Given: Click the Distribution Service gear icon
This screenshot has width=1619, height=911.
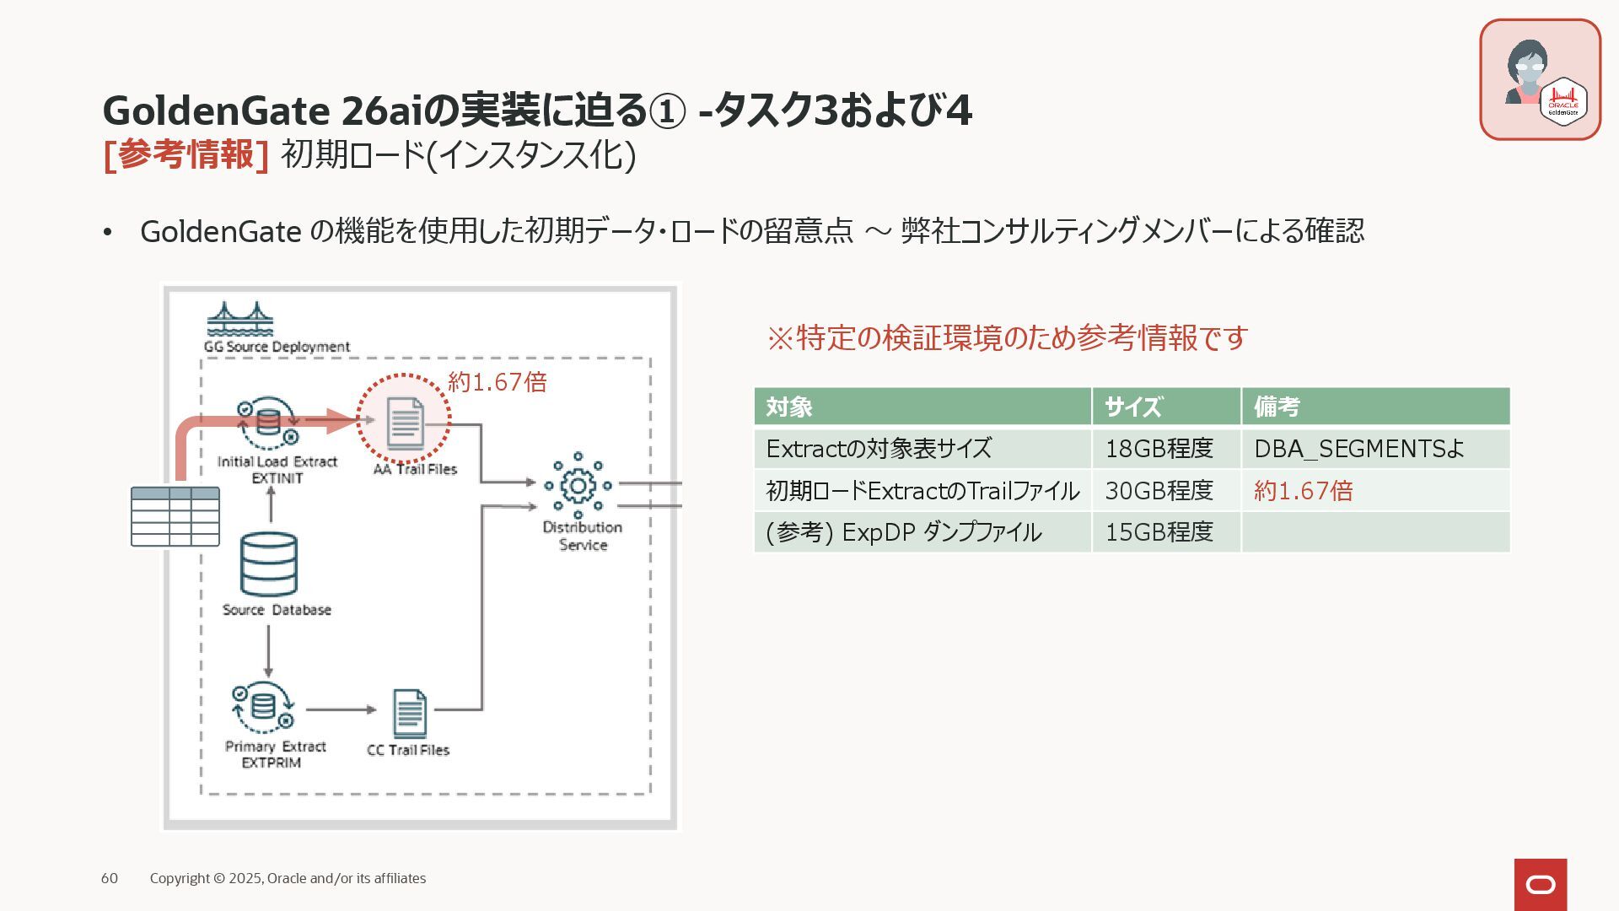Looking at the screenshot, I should [578, 486].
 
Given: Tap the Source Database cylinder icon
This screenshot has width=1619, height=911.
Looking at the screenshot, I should [269, 563].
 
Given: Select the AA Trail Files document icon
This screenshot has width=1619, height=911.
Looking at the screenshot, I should [405, 422].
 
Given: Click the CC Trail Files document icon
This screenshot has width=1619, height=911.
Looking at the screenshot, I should [410, 713].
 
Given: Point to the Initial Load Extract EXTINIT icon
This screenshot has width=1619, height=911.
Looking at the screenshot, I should [268, 423].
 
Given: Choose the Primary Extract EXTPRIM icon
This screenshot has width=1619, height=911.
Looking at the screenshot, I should [263, 707].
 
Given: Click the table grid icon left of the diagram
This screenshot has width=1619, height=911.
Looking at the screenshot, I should [175, 516].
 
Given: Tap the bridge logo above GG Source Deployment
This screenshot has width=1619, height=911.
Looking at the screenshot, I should [240, 319].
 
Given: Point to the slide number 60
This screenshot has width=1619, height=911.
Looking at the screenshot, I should [110, 878].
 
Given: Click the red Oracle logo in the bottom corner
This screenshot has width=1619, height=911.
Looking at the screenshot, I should [1541, 885].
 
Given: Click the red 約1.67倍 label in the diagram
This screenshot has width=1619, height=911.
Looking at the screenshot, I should [498, 382].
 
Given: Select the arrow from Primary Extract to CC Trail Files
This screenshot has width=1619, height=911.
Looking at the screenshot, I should [341, 709].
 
